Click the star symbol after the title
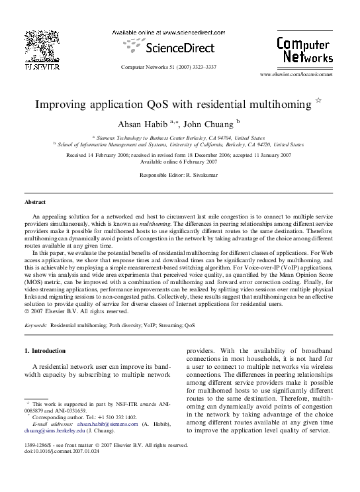[x=318, y=103]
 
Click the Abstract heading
[x=34, y=201]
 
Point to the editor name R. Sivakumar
[x=200, y=174]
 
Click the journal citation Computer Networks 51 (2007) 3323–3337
[x=169, y=68]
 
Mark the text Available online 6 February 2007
[x=179, y=161]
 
